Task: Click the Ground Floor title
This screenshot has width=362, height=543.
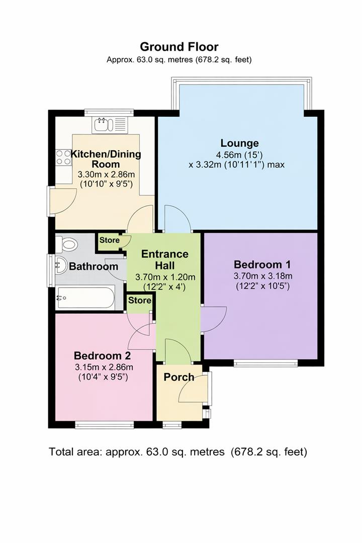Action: [x=178, y=47]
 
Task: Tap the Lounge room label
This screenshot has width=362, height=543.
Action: [x=239, y=143]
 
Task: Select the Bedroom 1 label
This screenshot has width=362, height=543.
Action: [x=262, y=264]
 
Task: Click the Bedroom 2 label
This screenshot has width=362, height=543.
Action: [x=102, y=355]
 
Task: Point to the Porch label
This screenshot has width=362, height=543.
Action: [x=179, y=377]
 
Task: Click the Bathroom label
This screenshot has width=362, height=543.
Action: [x=94, y=266]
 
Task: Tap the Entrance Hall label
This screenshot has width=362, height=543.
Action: [x=165, y=259]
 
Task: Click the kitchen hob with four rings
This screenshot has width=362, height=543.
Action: [x=63, y=158]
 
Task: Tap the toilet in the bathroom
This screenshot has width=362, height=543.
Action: [x=66, y=245]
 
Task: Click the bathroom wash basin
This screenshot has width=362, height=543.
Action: [x=61, y=265]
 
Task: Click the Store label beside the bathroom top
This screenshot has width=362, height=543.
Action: [x=110, y=240]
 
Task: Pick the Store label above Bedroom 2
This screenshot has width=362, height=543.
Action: [x=139, y=301]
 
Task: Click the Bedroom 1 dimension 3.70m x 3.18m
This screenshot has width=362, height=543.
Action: [x=262, y=276]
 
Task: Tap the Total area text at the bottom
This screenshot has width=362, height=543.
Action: [x=178, y=451]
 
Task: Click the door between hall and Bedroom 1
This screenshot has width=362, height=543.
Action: [x=207, y=320]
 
